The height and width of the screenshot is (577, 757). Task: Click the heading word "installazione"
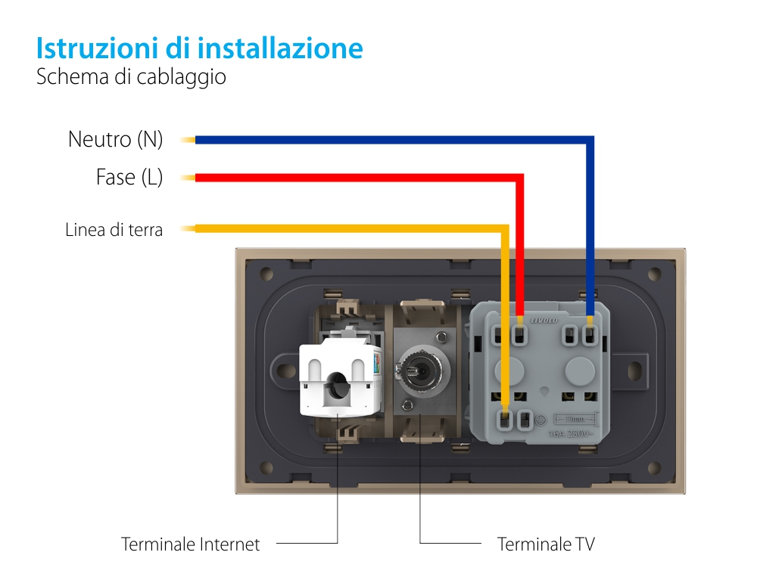[x=281, y=48]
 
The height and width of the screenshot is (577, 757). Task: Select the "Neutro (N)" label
[x=115, y=140]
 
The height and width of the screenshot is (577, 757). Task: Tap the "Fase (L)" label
[x=129, y=178]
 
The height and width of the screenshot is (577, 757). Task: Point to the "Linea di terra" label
[x=114, y=230]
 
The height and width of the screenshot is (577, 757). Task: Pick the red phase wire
[x=356, y=178]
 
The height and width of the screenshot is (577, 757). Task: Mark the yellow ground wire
[x=341, y=228]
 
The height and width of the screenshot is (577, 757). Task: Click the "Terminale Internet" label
[x=190, y=544]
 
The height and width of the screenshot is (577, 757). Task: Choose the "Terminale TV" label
[x=546, y=544]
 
